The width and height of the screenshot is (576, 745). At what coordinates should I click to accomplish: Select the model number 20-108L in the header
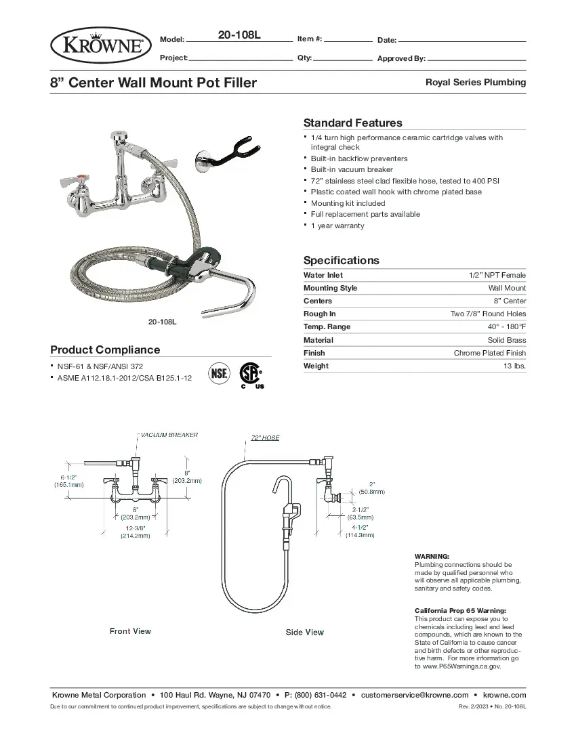(x=239, y=35)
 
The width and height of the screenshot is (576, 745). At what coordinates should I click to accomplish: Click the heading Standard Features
(x=352, y=123)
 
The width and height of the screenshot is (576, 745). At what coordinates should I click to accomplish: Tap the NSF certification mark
(x=219, y=373)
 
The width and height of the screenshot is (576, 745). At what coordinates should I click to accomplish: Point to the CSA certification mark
(x=250, y=374)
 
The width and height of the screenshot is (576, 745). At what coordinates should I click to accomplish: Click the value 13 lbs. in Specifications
(x=514, y=366)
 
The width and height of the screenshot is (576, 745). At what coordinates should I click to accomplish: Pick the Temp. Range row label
(x=327, y=326)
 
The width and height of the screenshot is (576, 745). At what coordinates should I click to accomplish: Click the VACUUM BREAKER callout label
(x=169, y=435)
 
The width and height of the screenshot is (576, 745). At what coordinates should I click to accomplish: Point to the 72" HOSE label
(x=265, y=438)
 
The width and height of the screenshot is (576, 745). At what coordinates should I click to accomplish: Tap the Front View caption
(x=130, y=631)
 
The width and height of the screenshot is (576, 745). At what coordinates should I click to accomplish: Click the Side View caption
(x=304, y=633)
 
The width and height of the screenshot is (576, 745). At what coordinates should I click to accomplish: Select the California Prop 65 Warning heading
(x=460, y=610)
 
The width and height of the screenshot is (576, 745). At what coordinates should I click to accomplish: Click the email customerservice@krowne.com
(x=415, y=695)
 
